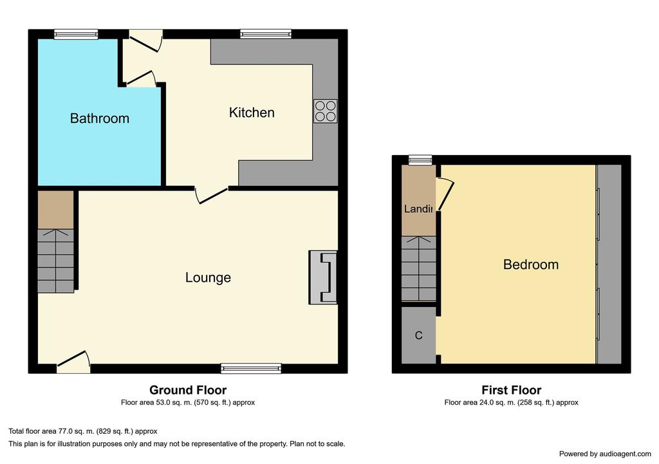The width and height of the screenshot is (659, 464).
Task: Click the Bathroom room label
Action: [100, 118]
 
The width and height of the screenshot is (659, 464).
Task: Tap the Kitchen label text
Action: [252, 112]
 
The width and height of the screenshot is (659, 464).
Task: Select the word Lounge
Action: [208, 277]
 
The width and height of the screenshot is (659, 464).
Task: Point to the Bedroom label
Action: [531, 264]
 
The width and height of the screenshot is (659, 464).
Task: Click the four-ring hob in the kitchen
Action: [325, 111]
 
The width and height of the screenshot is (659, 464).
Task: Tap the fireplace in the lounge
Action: [323, 277]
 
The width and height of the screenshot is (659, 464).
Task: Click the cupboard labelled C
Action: [418, 335]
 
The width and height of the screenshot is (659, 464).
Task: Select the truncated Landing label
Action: [418, 209]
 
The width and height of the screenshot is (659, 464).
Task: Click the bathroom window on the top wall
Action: [76, 35]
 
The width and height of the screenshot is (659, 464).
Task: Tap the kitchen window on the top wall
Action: [266, 34]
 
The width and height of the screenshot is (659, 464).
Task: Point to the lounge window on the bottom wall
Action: [252, 369]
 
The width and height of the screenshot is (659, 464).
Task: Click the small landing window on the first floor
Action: [421, 160]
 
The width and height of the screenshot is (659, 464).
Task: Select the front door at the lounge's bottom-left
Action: [73, 362]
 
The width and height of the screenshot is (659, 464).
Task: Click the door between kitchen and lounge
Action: [211, 196]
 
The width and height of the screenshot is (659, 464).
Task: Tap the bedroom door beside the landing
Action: [446, 195]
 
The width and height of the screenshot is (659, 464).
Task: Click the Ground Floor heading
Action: [188, 390]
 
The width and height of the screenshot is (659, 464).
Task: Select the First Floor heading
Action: [512, 390]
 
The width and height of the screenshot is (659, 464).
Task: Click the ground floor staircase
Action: [56, 261]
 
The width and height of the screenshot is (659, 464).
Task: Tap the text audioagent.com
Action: [626, 454]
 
